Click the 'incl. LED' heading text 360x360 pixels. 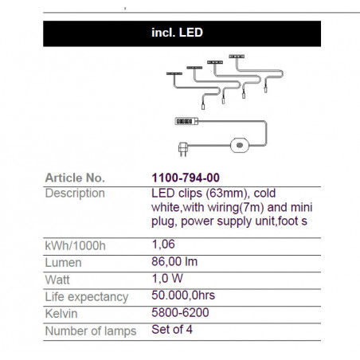coord(177,33)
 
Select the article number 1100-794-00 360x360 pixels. coord(186,178)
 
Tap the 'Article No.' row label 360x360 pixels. coord(75,178)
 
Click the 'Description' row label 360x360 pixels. coord(75,194)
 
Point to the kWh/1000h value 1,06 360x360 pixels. coord(163,245)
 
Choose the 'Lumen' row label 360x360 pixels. coord(63,263)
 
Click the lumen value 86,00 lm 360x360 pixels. coord(174,261)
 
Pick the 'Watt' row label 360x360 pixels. coord(57,280)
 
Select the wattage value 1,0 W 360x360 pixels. coord(167,279)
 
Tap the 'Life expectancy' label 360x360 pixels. coord(87,297)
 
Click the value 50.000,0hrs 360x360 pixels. coord(183,295)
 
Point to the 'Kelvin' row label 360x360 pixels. coord(61,314)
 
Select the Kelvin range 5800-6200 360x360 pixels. coord(180,312)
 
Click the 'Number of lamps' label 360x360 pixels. coord(91,331)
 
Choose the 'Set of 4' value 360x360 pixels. coord(172,330)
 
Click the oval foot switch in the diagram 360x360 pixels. coord(240,145)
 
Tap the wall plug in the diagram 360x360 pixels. coord(183,149)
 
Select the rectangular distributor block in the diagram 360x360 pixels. coord(186,121)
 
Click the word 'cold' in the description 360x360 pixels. coord(264,193)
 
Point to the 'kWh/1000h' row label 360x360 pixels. coord(76,246)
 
